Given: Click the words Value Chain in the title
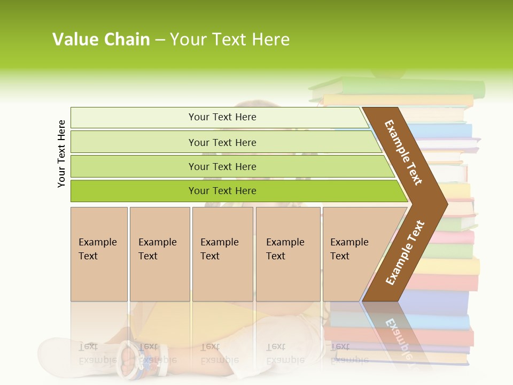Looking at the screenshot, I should point(101,40).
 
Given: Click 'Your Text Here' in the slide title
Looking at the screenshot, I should point(230,40).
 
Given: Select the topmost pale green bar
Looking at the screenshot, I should point(222,117).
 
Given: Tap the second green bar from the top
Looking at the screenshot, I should point(222,142).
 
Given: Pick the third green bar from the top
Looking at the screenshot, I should point(222,166).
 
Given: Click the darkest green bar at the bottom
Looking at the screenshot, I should point(222,191).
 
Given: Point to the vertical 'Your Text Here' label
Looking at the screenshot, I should point(61,153).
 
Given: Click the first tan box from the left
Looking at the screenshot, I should point(99,254).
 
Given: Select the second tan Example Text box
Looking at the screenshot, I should point(159,254).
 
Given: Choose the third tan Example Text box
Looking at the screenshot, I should point(222,254).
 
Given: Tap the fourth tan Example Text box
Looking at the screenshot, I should point(287,254).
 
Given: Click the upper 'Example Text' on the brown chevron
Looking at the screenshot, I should point(403,152).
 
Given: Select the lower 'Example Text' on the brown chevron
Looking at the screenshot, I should point(405,252).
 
